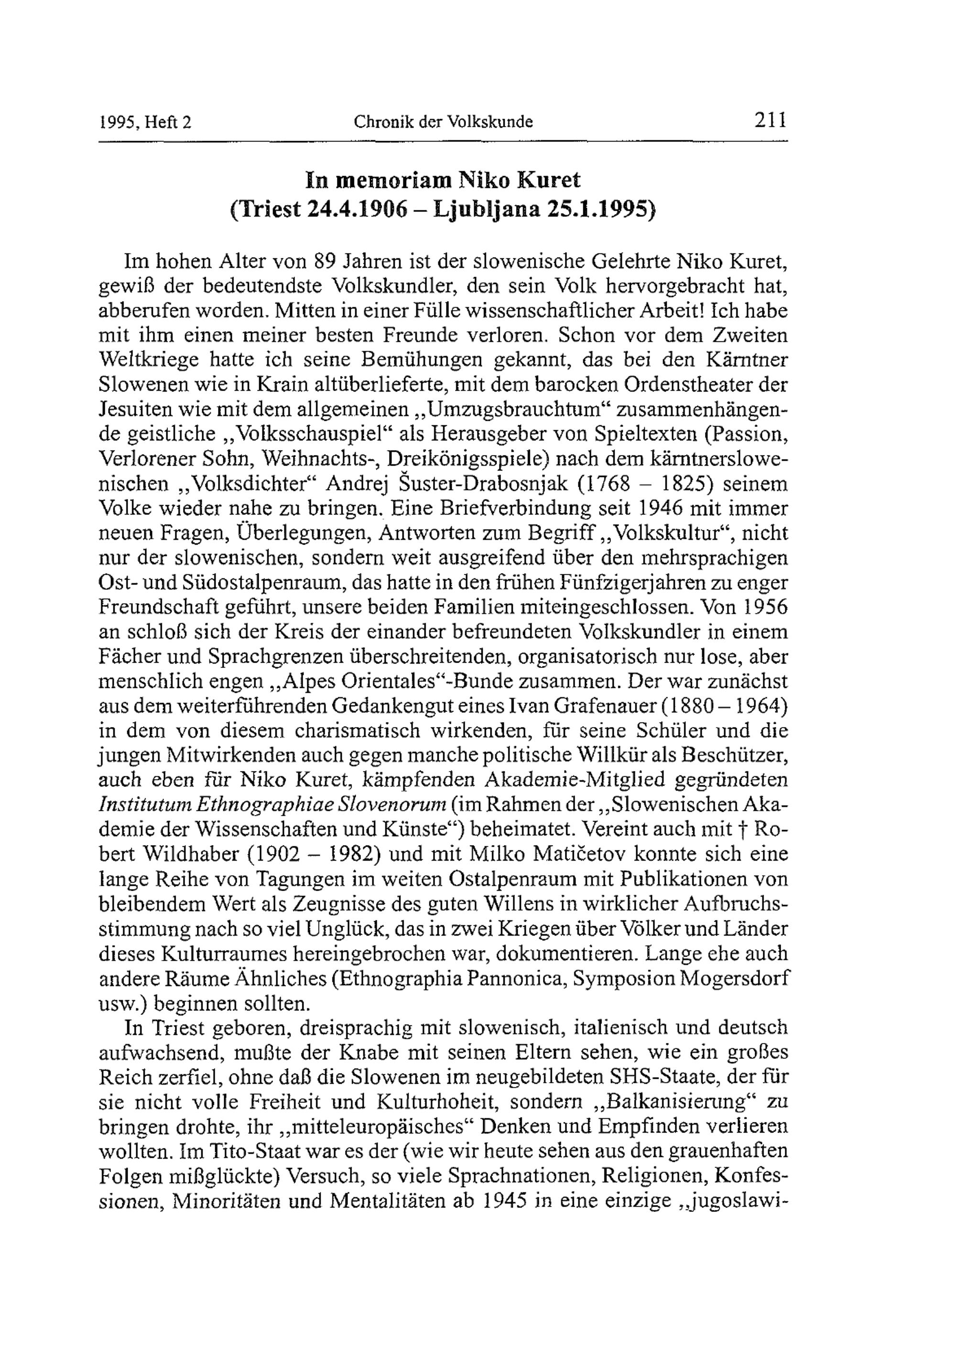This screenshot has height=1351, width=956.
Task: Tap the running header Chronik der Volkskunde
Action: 443,122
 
